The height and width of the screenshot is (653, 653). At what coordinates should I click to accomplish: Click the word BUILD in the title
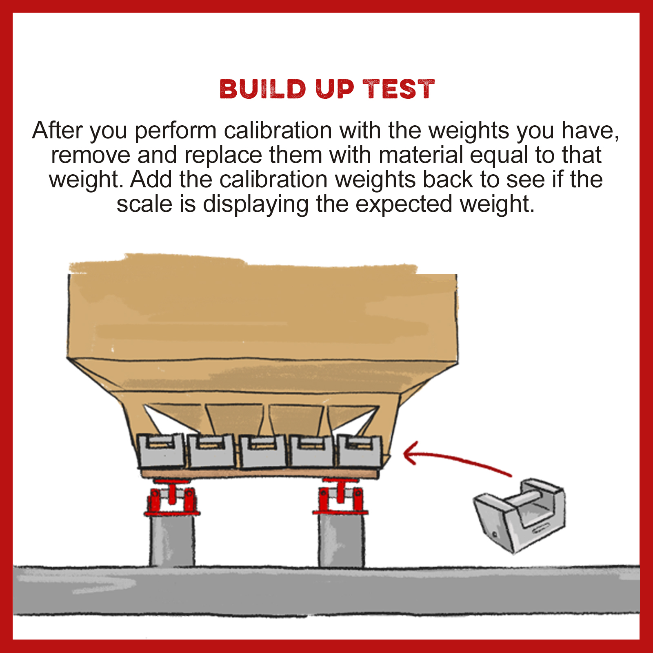click(x=263, y=89)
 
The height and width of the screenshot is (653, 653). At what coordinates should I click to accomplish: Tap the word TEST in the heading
click(x=399, y=89)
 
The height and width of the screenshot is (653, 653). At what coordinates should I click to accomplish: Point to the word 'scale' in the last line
click(x=144, y=204)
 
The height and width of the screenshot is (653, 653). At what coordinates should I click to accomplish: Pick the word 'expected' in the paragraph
click(x=404, y=205)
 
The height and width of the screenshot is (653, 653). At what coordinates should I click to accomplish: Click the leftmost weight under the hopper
click(x=160, y=451)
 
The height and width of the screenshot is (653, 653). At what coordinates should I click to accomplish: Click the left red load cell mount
click(x=171, y=498)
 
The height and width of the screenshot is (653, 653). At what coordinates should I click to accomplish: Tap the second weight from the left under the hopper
click(x=211, y=451)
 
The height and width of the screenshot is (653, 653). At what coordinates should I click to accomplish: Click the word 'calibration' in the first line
click(x=278, y=131)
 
